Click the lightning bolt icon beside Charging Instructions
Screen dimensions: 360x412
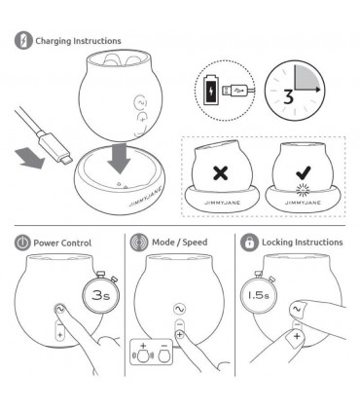point(23,40)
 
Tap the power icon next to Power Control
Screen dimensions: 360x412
point(22,243)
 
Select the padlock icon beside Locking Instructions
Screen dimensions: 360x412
point(249,243)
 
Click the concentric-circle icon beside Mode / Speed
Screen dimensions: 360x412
point(139,243)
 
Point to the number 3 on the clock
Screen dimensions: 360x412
point(288,97)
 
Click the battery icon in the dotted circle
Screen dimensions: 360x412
point(211,90)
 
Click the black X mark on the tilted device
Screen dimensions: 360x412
point(221,172)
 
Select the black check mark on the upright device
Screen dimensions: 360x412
point(304,172)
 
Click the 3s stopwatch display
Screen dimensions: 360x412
point(100,295)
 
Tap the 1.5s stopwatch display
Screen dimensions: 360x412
point(258,295)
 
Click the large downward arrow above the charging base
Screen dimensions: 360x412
point(119,159)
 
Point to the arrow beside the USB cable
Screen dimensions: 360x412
point(29,159)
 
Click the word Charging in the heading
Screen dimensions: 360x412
point(54,41)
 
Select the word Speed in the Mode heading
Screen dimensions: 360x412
point(195,243)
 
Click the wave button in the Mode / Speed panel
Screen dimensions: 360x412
point(179,309)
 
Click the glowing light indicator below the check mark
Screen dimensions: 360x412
point(304,190)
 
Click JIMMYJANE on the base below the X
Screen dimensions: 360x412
point(222,203)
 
